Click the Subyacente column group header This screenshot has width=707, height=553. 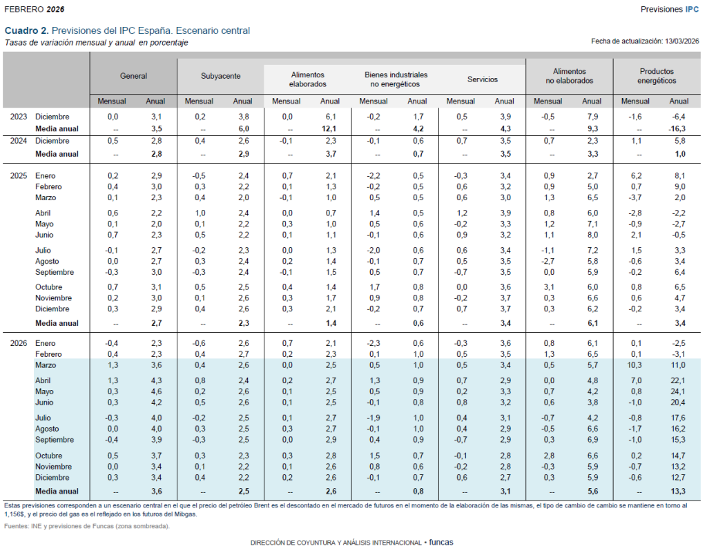point(221,79)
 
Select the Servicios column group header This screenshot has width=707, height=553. point(483,79)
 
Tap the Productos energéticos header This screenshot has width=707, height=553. point(657,75)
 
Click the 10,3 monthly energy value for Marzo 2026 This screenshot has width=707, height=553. point(635,365)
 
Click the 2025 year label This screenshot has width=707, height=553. point(19,176)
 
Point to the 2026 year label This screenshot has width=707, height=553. point(19,343)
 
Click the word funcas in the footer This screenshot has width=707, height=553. point(441,543)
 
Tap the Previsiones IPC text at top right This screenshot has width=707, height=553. point(670,9)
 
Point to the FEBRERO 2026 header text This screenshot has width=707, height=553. point(35,9)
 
